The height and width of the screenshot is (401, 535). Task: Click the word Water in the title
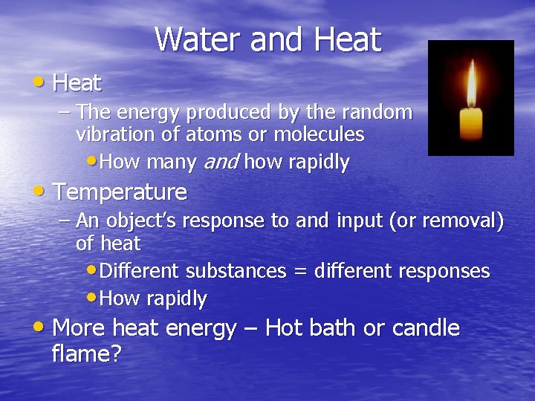(x=198, y=39)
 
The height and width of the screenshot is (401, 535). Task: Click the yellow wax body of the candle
(x=471, y=123)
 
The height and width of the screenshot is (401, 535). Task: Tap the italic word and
(x=220, y=162)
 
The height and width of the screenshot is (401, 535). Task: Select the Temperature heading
(x=120, y=192)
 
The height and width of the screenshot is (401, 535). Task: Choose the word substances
(x=236, y=272)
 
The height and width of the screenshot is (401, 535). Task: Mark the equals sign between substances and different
(x=300, y=272)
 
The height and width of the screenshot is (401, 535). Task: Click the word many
(x=170, y=162)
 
